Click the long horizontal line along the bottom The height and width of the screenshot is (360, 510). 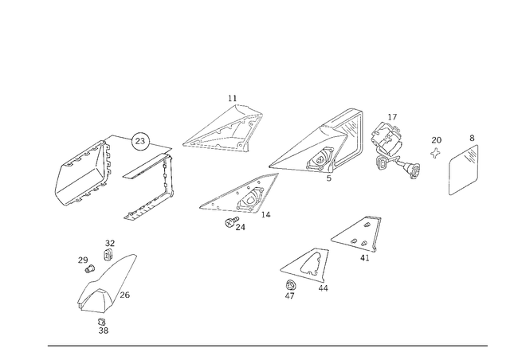[267, 345]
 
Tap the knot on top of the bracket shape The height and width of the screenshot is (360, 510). [142, 140]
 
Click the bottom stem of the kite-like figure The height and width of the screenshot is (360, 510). [102, 324]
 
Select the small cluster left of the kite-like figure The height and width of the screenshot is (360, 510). [84, 260]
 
